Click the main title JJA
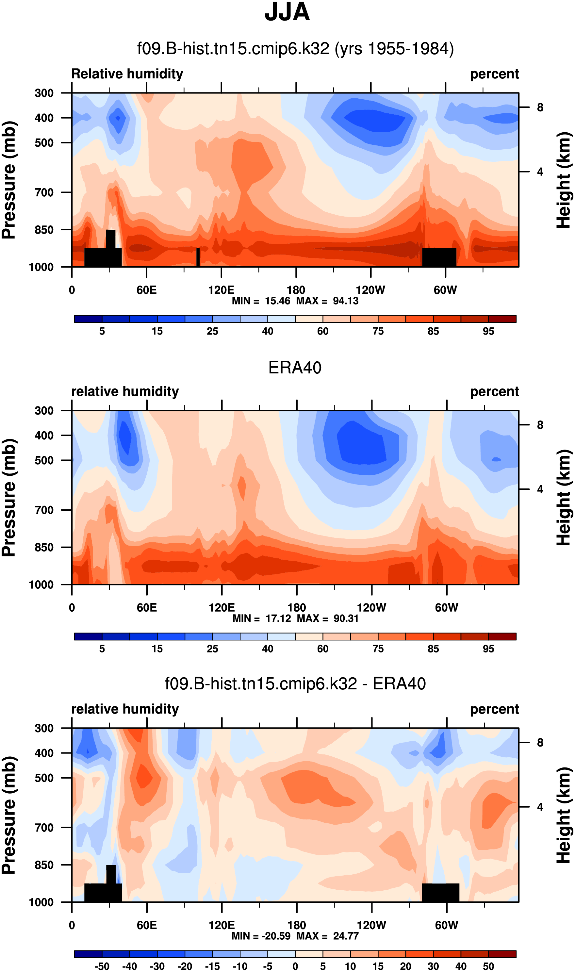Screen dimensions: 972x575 coord(287,12)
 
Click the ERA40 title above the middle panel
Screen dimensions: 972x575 coord(295,367)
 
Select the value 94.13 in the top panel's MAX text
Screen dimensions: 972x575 coord(346,301)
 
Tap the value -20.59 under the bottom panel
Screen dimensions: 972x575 coord(276,936)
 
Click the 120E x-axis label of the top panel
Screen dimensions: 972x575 coord(221,290)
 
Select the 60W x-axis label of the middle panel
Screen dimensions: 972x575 coord(446,607)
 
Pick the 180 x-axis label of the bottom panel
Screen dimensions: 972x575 coord(296,925)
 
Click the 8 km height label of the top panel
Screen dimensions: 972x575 coord(540,107)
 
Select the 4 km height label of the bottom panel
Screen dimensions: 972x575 coord(540,807)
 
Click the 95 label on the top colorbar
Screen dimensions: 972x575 coord(488,331)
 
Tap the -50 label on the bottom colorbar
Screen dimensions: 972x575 coord(102,966)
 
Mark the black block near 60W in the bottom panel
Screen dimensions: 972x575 coord(440,893)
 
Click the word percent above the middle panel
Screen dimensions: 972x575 coord(494,392)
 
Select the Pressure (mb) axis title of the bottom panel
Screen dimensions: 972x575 coord(8,815)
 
